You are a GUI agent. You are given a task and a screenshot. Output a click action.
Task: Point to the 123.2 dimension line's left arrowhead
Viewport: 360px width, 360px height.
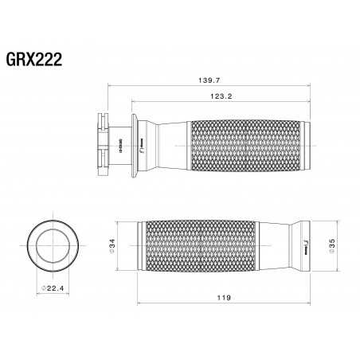point(132,101)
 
